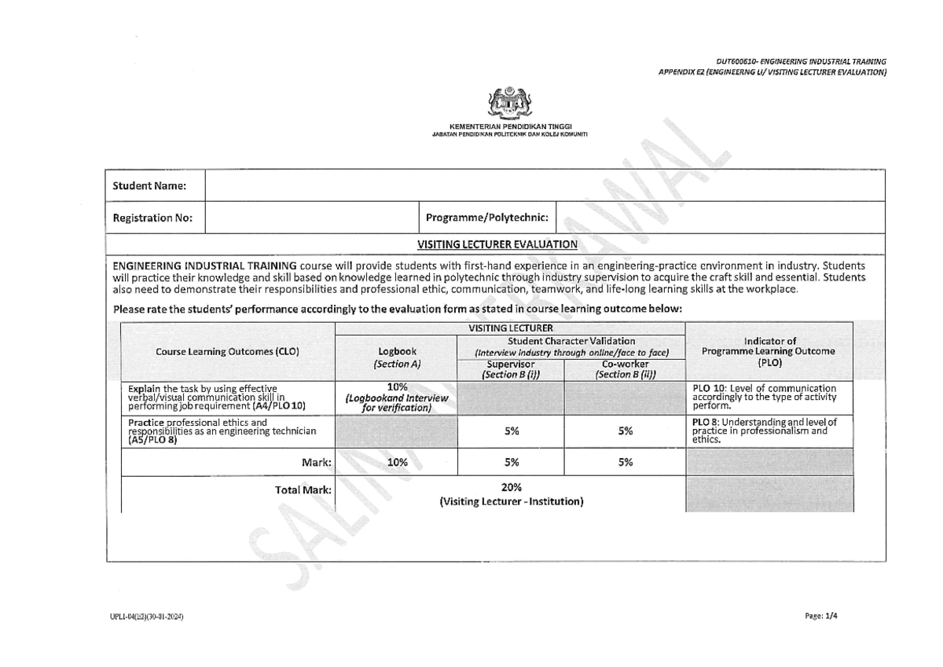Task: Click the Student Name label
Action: point(149,186)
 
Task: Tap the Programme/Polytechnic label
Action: point(487,218)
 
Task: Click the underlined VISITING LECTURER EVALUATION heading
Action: point(504,244)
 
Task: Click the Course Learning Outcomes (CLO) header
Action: point(227,353)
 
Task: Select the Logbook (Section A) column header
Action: point(397,357)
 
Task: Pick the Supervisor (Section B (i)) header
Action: point(510,369)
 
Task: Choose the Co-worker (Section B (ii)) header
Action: point(625,369)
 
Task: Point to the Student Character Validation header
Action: point(571,346)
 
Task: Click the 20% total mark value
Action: point(511,487)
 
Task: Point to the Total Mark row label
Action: point(303,490)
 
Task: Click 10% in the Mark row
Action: point(397,463)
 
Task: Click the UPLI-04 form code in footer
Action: point(145,618)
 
